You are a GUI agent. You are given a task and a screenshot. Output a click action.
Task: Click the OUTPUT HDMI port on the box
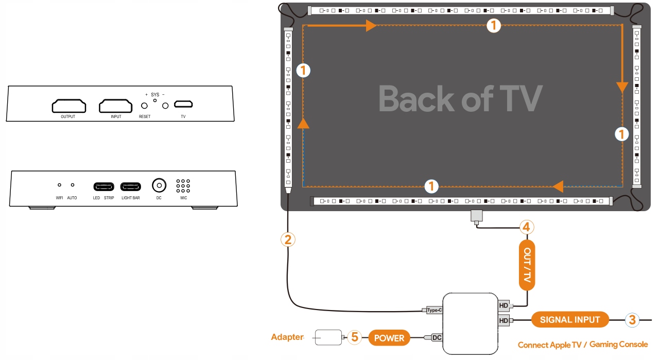[x=68, y=106]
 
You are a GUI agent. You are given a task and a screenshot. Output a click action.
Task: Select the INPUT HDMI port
[x=116, y=106]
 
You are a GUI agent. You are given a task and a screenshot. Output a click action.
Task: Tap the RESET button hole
[x=145, y=106]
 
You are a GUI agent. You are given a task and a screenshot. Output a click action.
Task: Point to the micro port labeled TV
[x=183, y=105]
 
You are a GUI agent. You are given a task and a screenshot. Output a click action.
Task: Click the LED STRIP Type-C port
[x=103, y=186]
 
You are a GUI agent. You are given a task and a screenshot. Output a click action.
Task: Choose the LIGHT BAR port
[x=130, y=186]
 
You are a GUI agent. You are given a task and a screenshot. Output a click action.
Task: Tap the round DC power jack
[x=159, y=185]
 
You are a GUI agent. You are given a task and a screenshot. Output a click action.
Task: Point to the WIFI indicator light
[x=59, y=184]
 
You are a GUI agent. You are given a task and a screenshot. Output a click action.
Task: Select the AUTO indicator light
[x=72, y=184]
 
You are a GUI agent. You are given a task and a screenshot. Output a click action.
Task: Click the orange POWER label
[x=389, y=338]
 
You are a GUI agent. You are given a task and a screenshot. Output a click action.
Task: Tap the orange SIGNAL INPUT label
[x=570, y=320]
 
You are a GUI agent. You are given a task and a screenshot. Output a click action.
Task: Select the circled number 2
[x=288, y=239]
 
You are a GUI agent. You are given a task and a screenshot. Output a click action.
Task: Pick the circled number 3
[x=633, y=320]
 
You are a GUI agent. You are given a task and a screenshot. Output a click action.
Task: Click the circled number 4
[x=526, y=226]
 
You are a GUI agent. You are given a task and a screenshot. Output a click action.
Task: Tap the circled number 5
[x=354, y=337]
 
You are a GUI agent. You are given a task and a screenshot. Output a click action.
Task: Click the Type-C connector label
[x=434, y=310]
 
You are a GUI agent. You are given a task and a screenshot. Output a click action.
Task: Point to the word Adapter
[x=287, y=337]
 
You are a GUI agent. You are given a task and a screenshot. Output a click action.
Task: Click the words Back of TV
[x=460, y=99]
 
